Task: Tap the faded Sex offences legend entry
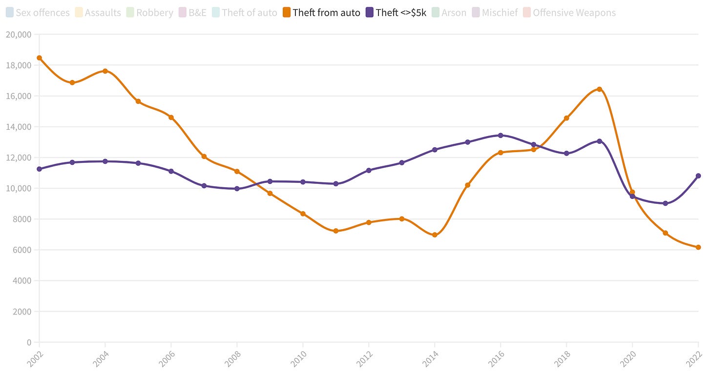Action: pos(38,13)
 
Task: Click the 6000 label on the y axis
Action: pos(22,250)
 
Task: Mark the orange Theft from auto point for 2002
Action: pos(40,58)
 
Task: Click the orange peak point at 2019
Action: pos(599,89)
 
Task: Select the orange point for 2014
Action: pos(435,235)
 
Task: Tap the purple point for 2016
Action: pos(501,136)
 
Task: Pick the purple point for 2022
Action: pos(698,176)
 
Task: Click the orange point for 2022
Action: pos(698,247)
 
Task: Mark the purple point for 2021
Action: pos(665,203)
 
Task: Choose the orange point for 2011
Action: pos(336,231)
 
